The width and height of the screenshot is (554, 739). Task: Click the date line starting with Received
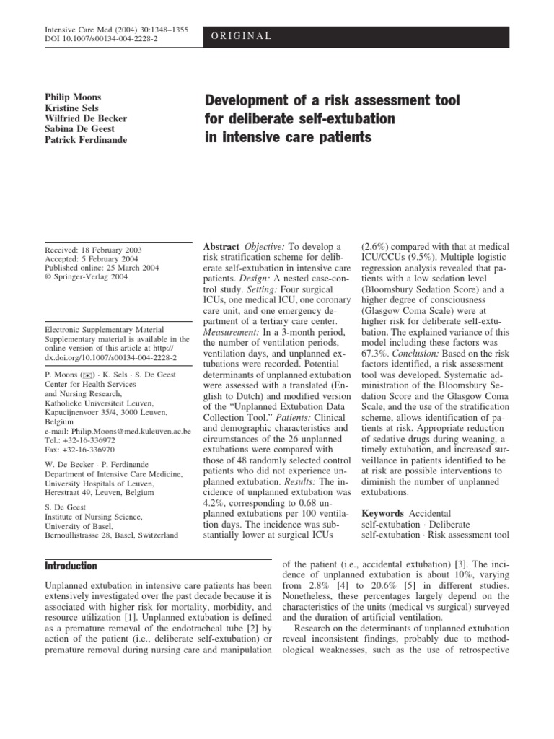point(93,250)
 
